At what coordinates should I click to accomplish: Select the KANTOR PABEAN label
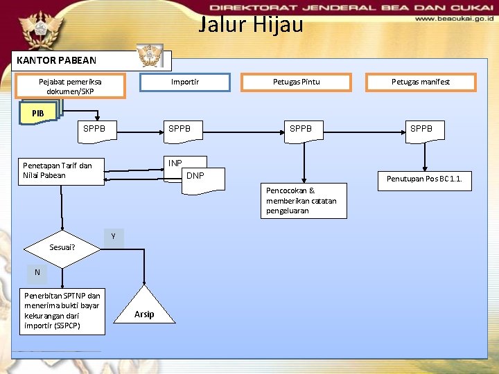(x=57, y=60)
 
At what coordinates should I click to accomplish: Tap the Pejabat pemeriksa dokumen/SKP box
(x=71, y=87)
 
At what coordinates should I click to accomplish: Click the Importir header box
(x=185, y=82)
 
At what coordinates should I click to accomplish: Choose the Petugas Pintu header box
(x=296, y=82)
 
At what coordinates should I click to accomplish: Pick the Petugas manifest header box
(x=421, y=82)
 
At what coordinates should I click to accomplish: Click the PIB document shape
(x=37, y=114)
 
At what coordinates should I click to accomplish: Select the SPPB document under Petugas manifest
(x=421, y=130)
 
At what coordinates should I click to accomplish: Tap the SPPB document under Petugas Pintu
(x=301, y=130)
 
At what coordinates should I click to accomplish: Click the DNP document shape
(x=195, y=177)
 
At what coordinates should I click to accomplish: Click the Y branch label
(x=113, y=238)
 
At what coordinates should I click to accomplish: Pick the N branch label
(x=37, y=272)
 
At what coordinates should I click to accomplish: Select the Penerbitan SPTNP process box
(x=62, y=311)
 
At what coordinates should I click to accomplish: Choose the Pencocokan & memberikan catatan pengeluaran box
(x=303, y=201)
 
